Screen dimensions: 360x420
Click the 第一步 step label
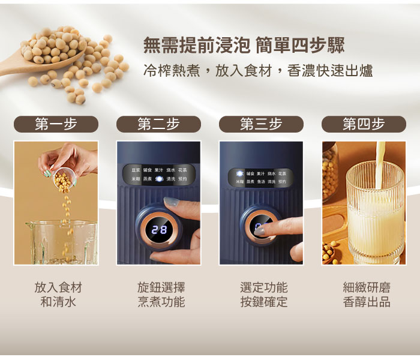tap(56, 124)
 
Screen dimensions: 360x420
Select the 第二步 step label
tap(158, 124)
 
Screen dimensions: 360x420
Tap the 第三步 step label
tap(261, 124)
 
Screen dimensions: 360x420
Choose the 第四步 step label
tap(364, 124)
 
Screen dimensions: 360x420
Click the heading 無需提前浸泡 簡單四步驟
tap(244, 46)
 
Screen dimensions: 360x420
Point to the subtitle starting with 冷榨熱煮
tap(258, 71)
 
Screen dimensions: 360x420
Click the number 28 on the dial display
tap(159, 229)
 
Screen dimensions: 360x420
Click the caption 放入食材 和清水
tap(58, 295)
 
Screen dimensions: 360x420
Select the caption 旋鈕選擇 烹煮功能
tap(161, 295)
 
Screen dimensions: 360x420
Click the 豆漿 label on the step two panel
tap(136, 170)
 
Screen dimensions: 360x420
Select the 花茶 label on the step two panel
tap(182, 170)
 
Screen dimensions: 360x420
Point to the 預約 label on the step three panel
tap(282, 181)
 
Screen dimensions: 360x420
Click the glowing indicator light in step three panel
tap(239, 173)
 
